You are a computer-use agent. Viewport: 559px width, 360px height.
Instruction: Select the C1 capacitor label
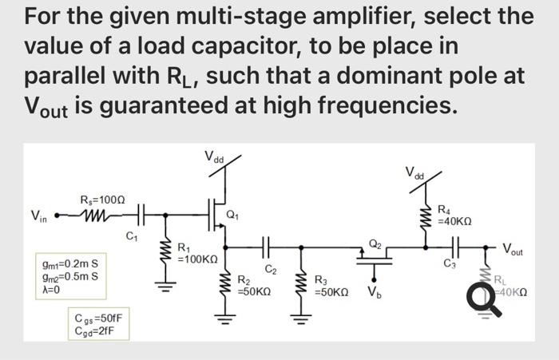(132, 235)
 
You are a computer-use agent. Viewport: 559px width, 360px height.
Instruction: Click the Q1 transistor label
(232, 213)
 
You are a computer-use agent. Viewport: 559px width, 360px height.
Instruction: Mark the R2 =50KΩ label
(255, 286)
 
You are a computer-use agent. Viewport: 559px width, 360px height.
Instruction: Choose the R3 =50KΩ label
(331, 286)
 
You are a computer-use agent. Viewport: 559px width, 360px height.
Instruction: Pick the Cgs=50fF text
(98, 318)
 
